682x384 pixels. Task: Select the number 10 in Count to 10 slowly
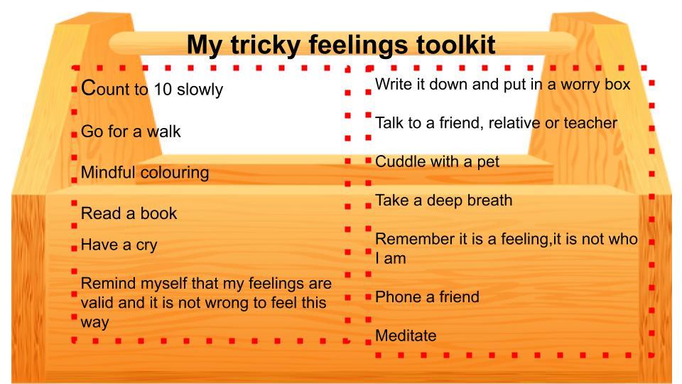tap(163, 90)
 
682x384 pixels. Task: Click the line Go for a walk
tap(131, 132)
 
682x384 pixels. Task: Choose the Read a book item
tap(129, 213)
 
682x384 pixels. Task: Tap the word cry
tap(146, 245)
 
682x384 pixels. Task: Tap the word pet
tap(488, 162)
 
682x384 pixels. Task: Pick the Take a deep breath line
tap(443, 201)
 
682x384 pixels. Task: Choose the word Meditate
tap(406, 336)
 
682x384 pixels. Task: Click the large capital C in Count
tap(88, 87)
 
